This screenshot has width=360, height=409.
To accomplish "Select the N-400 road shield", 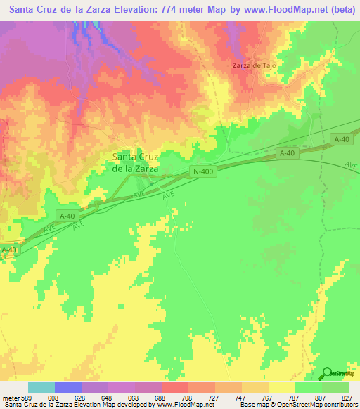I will click(201, 171).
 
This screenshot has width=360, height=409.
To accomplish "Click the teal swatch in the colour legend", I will click(41, 387).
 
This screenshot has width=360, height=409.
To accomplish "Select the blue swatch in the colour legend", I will click(68, 387).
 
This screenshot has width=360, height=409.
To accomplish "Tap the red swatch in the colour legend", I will click(175, 387).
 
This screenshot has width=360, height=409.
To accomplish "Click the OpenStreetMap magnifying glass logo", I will click(327, 373).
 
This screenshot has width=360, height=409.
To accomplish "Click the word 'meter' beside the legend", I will click(12, 398).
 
